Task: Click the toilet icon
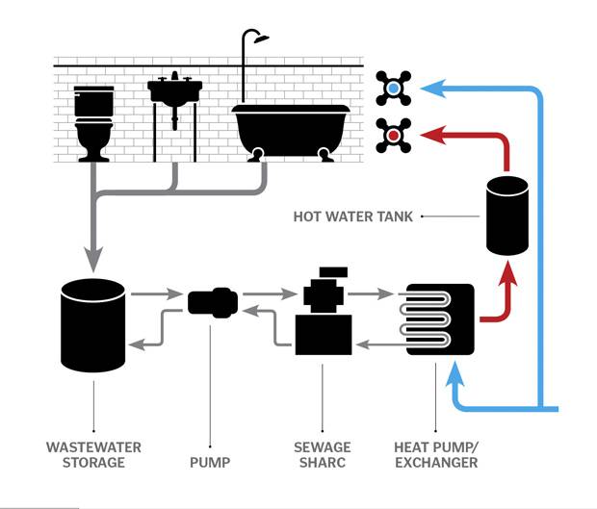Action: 94,120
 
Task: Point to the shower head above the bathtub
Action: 255,38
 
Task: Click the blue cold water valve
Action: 394,89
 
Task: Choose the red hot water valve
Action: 394,136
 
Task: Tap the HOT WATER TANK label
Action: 352,216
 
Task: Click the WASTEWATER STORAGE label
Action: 93,454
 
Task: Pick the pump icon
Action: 213,303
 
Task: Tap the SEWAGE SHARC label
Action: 322,454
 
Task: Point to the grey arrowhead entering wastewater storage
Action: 93,260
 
